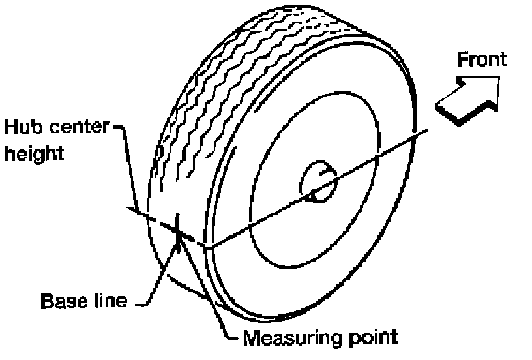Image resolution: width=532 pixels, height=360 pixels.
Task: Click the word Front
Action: tap(482, 59)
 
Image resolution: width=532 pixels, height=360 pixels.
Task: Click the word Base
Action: tap(65, 302)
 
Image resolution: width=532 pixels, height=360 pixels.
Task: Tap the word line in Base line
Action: tap(110, 302)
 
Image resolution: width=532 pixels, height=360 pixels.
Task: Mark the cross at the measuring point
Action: tap(177, 226)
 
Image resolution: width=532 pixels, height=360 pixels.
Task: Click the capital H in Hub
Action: tap(9, 125)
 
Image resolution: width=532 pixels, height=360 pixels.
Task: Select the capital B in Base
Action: tap(47, 302)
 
